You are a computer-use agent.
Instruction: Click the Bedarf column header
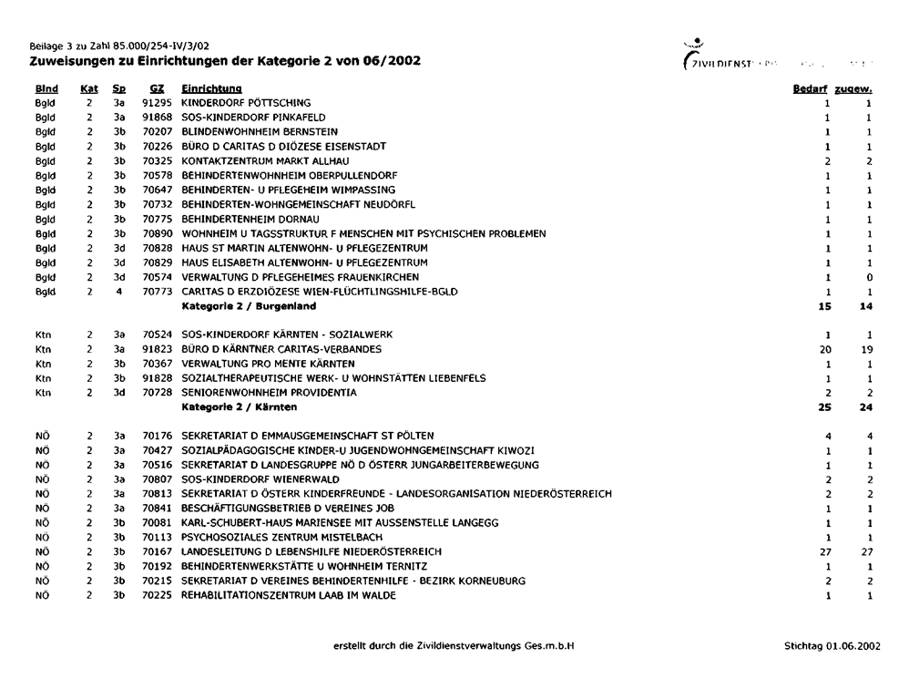[808, 89]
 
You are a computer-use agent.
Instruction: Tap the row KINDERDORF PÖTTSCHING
[246, 103]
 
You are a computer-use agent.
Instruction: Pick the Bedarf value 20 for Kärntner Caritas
[826, 349]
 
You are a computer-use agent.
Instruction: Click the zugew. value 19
[868, 349]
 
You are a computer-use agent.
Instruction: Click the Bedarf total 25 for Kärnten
[825, 406]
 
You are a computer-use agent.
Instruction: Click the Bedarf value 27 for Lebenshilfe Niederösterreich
[826, 551]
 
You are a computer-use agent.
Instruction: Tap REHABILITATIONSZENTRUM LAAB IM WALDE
[289, 595]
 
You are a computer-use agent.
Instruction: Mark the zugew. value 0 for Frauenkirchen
[871, 277]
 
